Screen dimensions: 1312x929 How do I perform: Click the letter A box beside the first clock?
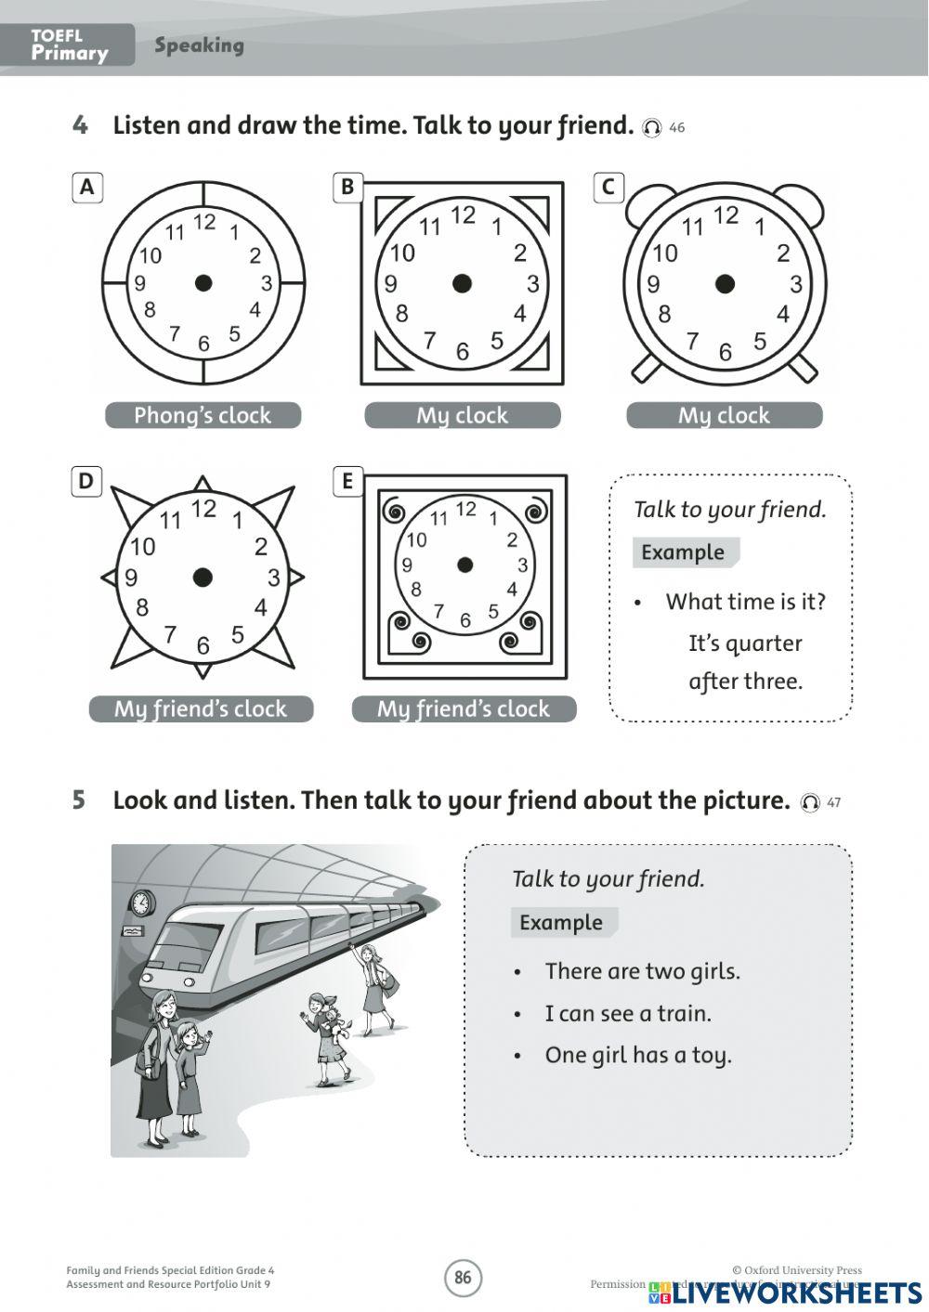click(x=86, y=188)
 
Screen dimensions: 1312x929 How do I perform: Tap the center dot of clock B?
click(x=462, y=284)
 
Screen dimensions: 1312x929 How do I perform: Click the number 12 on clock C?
click(x=726, y=215)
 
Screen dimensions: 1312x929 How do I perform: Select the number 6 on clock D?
click(x=203, y=645)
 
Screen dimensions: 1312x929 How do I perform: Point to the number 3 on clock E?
click(x=523, y=565)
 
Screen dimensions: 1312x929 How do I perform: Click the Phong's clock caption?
click(x=203, y=415)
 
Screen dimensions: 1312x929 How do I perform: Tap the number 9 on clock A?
click(x=139, y=284)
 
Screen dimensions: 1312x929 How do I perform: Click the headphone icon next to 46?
click(x=652, y=128)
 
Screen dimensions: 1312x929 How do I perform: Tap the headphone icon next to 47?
click(x=810, y=802)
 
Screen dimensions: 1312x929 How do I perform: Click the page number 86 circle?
click(x=463, y=1278)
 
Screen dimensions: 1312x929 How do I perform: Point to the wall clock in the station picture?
click(x=142, y=903)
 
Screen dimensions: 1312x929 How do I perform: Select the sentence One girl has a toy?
click(x=638, y=1056)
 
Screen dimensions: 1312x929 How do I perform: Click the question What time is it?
click(x=745, y=602)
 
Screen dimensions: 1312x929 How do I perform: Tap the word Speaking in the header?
click(x=199, y=45)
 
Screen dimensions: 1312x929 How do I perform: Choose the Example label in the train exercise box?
click(x=561, y=923)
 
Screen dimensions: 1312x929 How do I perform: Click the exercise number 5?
click(x=79, y=800)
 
